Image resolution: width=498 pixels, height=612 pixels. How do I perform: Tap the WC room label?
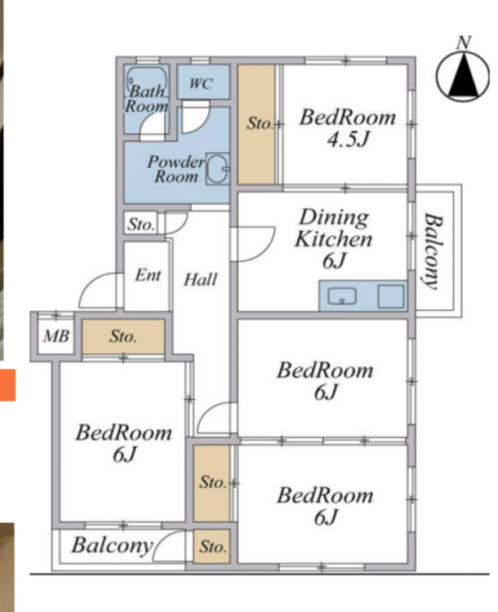click(201, 83)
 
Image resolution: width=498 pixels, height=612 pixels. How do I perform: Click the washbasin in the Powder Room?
click(218, 169)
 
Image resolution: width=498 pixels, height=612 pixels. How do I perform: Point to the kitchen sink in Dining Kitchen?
click(342, 296)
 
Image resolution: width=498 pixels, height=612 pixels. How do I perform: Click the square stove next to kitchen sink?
click(390, 296)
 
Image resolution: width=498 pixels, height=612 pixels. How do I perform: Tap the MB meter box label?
click(56, 336)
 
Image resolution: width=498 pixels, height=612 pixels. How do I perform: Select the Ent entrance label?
click(148, 276)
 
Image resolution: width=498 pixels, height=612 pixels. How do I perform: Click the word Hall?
click(200, 279)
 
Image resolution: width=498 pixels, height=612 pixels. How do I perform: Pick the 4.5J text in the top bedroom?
click(348, 140)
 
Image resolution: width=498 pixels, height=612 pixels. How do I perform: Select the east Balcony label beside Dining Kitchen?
click(434, 251)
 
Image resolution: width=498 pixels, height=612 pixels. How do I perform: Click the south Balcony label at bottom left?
click(112, 546)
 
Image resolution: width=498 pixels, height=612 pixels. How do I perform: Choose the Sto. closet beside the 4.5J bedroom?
click(256, 124)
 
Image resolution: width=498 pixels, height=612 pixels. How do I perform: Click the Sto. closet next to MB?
click(123, 336)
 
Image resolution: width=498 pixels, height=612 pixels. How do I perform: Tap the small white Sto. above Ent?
click(141, 224)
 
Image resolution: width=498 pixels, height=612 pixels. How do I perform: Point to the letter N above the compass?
click(464, 42)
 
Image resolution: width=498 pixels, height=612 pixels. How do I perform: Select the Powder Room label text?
click(176, 169)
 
